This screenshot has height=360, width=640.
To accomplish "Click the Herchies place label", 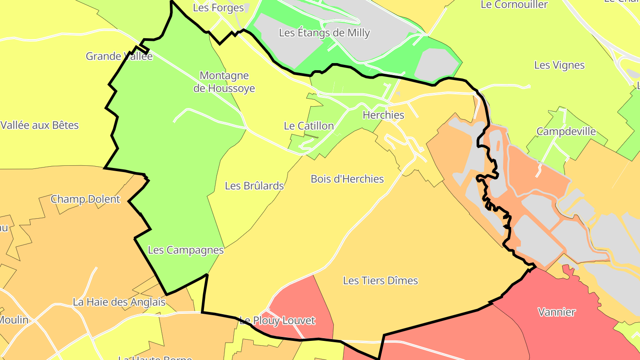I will [x=384, y=115].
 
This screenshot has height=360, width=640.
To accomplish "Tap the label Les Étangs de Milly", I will [x=324, y=33].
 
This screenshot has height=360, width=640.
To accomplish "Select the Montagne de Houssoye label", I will [x=224, y=82].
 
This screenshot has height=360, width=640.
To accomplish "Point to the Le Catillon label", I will [x=309, y=126].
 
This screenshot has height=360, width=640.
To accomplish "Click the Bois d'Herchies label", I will [x=347, y=179].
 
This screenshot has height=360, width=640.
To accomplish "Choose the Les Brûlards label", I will [x=254, y=186].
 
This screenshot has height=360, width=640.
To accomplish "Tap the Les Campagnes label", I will [x=186, y=250].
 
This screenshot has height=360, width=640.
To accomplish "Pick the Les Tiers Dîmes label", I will [x=380, y=281].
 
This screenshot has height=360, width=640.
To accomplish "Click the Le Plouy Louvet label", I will [x=277, y=320].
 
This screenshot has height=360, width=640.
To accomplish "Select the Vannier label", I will [x=556, y=312].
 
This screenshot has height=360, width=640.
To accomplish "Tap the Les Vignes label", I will [x=559, y=65].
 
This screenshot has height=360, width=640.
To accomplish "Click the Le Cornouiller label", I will [x=514, y=5].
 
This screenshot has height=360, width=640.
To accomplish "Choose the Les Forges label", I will [x=218, y=8].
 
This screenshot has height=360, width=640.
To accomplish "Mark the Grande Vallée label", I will [x=119, y=56].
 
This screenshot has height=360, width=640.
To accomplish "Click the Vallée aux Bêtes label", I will [x=40, y=125].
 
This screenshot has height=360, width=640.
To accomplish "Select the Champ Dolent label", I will [x=85, y=199].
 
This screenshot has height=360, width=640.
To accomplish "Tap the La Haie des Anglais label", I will [x=119, y=302].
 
